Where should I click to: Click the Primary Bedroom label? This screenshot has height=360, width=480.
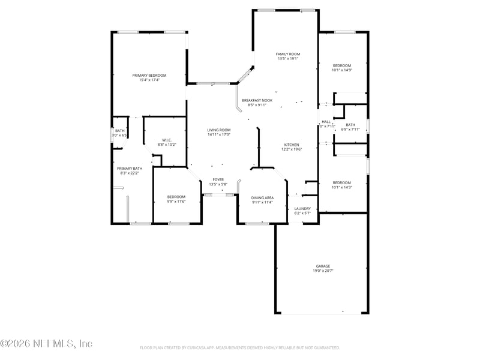(x=149, y=75)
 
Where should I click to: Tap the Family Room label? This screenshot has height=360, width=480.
(x=288, y=54)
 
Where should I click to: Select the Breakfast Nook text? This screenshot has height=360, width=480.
(x=257, y=100)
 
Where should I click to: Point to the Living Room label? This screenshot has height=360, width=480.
(x=219, y=130)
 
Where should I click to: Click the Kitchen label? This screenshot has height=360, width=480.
(x=292, y=145)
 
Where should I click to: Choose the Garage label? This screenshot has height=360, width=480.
(x=323, y=266)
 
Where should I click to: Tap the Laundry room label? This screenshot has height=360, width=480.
(x=302, y=208)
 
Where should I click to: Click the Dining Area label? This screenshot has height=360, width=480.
(x=262, y=197)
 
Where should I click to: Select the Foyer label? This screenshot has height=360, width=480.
(x=218, y=179)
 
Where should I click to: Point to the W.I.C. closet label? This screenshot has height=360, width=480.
(x=167, y=140)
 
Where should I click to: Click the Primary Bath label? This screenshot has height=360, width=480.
(x=130, y=169)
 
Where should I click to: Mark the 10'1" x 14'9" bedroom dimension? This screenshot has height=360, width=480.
(x=342, y=70)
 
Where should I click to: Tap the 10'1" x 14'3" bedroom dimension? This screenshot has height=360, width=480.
(x=342, y=187)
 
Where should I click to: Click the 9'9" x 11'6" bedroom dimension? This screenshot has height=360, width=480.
(x=176, y=202)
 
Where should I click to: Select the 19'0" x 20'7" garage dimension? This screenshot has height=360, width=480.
(x=323, y=271)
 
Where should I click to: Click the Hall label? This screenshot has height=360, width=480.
(x=326, y=122)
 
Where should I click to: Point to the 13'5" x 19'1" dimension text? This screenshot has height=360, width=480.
(x=288, y=59)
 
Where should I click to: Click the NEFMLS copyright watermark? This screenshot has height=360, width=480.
(x=46, y=344)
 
